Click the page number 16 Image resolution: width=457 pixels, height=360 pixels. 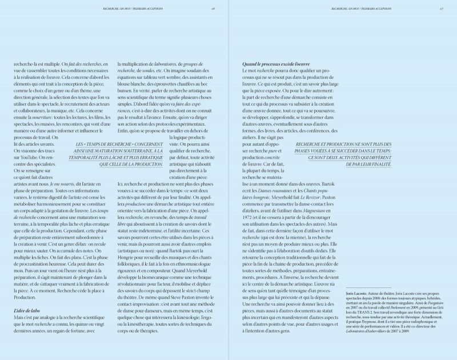213,9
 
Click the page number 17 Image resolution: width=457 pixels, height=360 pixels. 442,9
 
